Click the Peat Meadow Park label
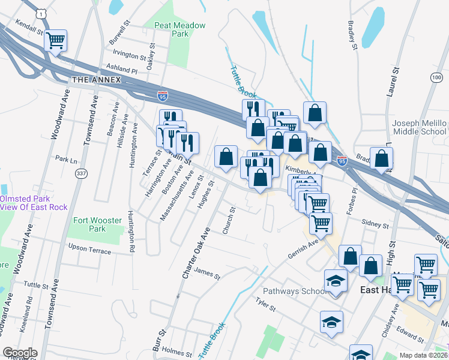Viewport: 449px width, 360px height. [179, 30]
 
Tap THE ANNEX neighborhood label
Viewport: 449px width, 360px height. [96, 80]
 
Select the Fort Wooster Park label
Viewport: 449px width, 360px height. [89, 224]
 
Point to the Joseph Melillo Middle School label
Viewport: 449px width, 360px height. [420, 127]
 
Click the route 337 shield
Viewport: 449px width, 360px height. [80, 173]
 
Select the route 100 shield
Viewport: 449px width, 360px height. [436, 78]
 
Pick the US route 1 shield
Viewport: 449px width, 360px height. [40, 11]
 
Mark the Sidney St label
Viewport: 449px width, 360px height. [376, 224]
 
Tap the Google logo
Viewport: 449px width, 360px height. [20, 353]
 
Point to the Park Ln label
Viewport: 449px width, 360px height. [67, 160]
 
